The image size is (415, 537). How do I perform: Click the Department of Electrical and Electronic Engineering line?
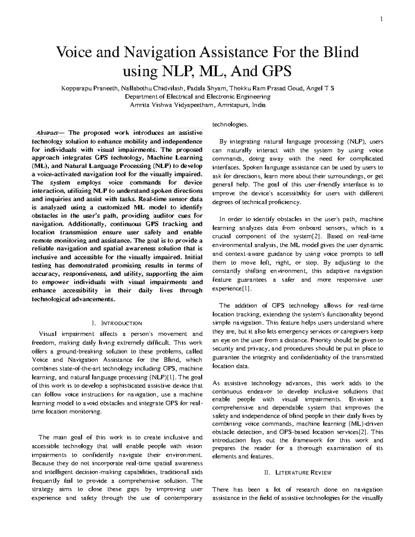click(197, 97)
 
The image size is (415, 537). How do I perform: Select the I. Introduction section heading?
click(117, 324)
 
